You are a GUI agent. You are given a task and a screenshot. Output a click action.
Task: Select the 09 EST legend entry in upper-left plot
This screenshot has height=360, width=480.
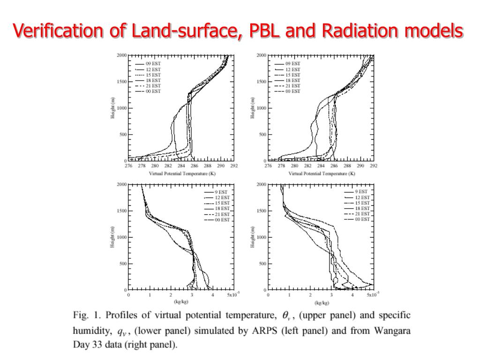coord(153,64)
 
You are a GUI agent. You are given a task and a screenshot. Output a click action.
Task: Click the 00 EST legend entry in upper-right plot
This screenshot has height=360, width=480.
coord(293,91)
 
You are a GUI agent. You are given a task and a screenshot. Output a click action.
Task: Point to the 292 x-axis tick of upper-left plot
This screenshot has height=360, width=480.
coord(234,166)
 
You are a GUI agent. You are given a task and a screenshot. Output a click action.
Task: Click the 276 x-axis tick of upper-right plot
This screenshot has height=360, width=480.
coord(268,166)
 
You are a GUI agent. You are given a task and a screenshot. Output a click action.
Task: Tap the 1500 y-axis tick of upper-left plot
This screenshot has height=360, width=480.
coord(121,82)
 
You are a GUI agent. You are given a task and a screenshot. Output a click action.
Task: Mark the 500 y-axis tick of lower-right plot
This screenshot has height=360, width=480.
coord(262,263)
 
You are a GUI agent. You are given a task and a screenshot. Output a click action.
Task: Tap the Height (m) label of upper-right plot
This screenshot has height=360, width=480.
coord(253,108)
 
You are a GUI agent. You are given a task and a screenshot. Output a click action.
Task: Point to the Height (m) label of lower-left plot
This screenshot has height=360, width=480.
coord(113,237)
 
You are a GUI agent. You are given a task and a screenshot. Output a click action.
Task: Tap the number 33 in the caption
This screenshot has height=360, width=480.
coord(96,346)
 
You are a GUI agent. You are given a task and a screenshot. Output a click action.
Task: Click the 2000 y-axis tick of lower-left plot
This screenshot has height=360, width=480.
coord(121,185)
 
